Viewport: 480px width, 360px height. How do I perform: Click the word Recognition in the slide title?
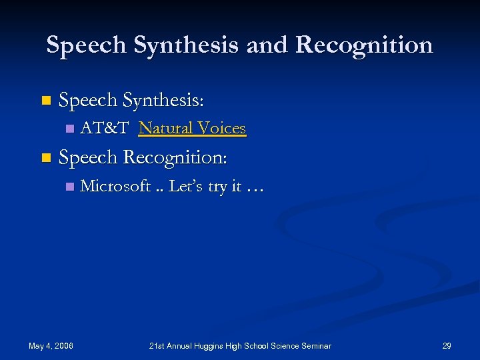tap(364, 45)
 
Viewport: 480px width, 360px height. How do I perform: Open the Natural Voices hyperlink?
tap(192, 128)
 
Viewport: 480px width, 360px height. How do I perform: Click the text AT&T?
tap(104, 128)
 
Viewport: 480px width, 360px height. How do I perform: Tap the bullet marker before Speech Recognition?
tap(45, 159)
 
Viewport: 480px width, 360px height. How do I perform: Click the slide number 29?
tap(447, 345)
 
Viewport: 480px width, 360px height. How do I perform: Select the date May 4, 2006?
tap(51, 345)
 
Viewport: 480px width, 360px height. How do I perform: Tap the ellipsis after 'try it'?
tap(255, 189)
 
